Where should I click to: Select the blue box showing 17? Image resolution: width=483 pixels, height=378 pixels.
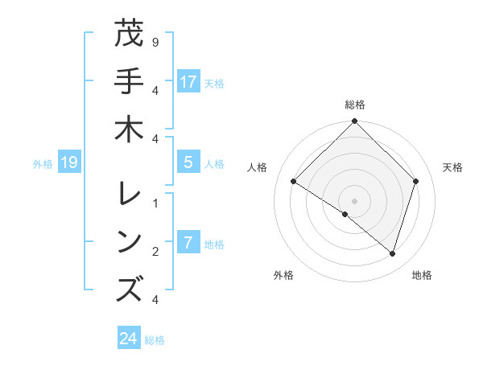point(188,81)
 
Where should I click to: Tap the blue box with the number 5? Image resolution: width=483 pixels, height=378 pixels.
point(188,162)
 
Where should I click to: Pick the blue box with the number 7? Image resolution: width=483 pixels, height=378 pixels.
point(188,243)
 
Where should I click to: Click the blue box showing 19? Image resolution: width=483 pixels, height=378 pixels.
point(68,162)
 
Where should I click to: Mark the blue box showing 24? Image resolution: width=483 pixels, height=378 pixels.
point(128,339)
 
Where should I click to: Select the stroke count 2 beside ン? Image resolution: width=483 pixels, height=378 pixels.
point(155,252)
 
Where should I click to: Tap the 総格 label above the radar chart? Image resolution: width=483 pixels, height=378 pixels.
point(354,105)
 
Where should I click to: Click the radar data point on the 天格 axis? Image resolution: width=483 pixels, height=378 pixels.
point(416,181)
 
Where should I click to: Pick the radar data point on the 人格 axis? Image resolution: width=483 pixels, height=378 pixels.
point(294,182)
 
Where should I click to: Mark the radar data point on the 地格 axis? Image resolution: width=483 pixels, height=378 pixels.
point(392,253)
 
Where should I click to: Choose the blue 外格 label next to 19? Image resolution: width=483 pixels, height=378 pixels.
point(43,163)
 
